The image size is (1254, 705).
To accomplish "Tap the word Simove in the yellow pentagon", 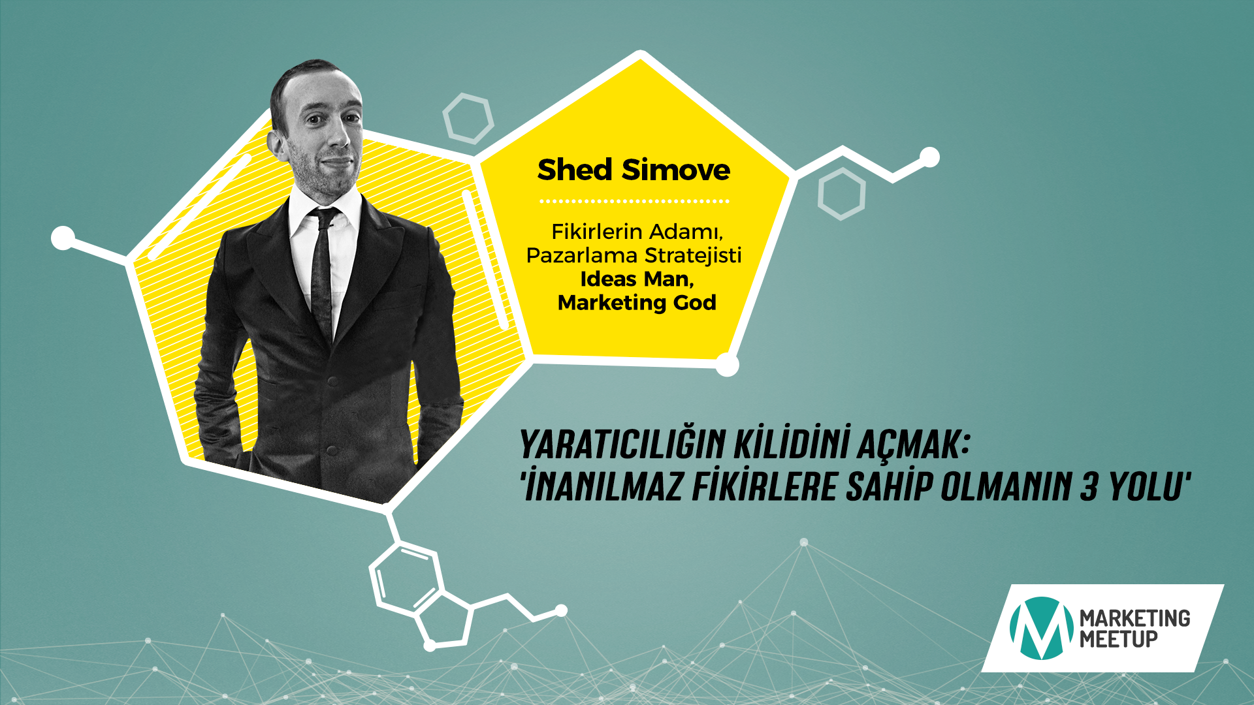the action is pyautogui.click(x=676, y=170).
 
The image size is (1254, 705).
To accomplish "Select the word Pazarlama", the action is pyautogui.click(x=582, y=255).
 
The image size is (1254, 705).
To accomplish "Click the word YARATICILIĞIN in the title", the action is pyautogui.click(x=622, y=445).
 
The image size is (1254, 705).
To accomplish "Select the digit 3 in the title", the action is pyautogui.click(x=1088, y=487).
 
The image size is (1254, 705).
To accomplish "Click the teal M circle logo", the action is pyautogui.click(x=1041, y=628).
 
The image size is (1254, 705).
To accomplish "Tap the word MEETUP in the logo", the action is pyautogui.click(x=1118, y=639).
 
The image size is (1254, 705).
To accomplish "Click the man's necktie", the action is pyautogui.click(x=322, y=274).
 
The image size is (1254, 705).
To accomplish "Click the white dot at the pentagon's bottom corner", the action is pyautogui.click(x=727, y=365).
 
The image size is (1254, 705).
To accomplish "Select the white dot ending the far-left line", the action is pyautogui.click(x=63, y=238).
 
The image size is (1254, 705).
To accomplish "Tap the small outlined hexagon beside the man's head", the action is pyautogui.click(x=468, y=118).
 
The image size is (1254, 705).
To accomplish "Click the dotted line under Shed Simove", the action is pyautogui.click(x=634, y=201).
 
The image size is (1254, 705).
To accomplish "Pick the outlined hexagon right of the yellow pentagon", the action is pyautogui.click(x=841, y=194).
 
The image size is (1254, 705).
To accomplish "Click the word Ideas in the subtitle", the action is pyautogui.click(x=608, y=279).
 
